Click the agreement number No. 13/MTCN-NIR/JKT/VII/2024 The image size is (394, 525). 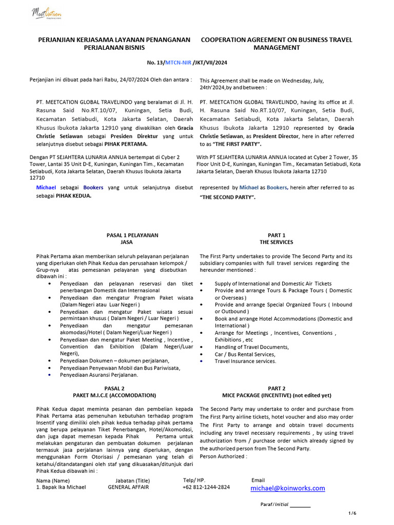187,62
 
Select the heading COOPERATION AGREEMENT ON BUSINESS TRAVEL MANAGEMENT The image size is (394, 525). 277,44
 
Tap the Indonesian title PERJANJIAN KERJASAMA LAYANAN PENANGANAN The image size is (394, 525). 114,39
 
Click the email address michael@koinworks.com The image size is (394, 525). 287,489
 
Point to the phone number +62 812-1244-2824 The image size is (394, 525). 206,487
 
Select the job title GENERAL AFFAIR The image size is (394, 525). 128,487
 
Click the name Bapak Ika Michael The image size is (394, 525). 61,487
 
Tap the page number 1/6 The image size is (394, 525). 352,513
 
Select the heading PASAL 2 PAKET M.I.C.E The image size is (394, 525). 114,392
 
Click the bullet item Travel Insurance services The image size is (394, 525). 245,361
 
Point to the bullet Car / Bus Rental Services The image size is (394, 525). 245,354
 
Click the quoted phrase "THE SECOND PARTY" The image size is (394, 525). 227,197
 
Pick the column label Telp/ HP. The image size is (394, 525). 193,480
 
